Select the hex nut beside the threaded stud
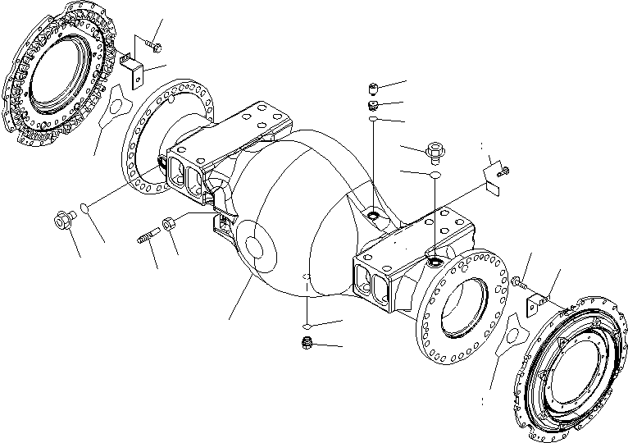(x=168, y=222)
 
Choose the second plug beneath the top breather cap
(x=372, y=106)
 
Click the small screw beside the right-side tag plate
(x=505, y=171)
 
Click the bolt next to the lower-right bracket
(x=519, y=283)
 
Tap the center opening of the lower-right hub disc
(x=574, y=372)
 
